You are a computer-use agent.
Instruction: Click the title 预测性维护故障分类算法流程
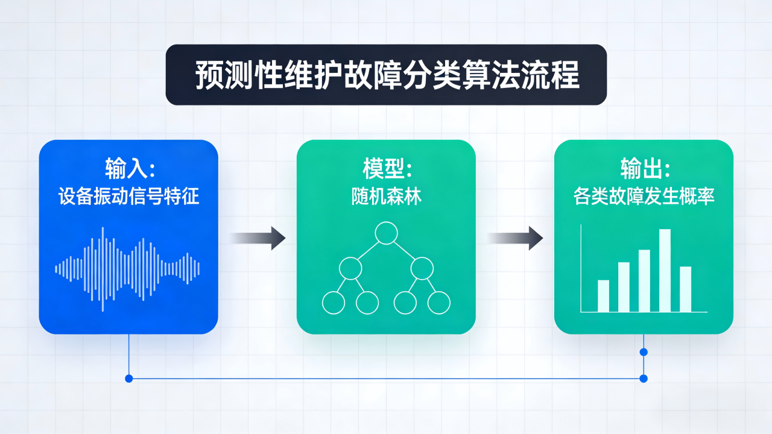coord(386,75)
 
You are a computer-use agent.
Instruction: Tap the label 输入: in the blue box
coord(128,168)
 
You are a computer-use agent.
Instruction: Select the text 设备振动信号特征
coord(128,197)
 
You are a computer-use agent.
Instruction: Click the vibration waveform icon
coord(127,269)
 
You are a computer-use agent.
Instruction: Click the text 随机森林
coord(386,197)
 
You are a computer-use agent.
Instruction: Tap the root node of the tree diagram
coord(386,233)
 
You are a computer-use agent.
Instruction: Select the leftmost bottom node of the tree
coord(333,303)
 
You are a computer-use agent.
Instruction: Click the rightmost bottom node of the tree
coord(439,303)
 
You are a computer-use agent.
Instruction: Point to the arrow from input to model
coord(258,238)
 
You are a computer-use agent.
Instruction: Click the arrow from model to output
coord(515,238)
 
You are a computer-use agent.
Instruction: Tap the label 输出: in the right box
coord(644,168)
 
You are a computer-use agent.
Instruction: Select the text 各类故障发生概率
coord(644,197)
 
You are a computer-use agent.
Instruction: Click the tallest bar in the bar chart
coord(665,271)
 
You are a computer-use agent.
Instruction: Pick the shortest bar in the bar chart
coord(603,296)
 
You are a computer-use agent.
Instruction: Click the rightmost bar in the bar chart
coord(685,289)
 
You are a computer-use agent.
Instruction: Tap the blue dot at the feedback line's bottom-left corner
coord(128,379)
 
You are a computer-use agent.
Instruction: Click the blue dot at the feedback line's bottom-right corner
coord(644,379)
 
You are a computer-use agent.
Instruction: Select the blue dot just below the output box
coord(644,352)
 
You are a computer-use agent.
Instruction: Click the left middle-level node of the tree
coord(350,268)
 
